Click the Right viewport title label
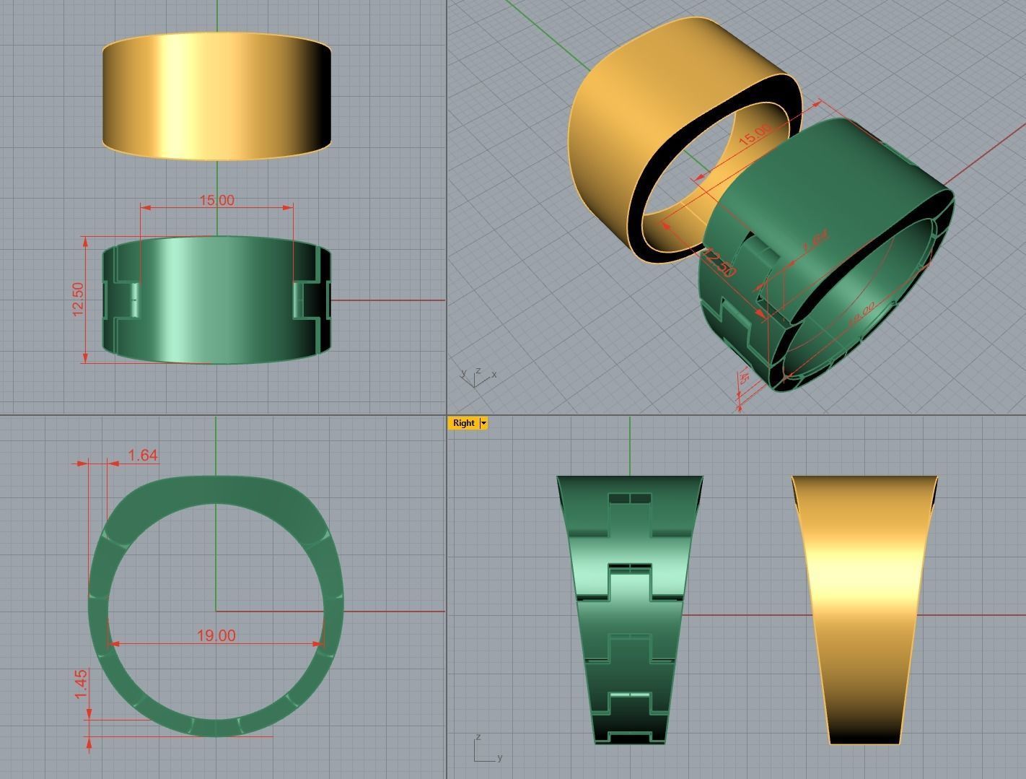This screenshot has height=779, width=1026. coord(463,423)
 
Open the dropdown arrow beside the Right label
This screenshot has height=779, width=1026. coord(483,423)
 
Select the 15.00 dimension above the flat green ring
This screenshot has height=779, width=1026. coord(216,200)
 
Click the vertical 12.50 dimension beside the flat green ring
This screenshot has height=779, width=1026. coord(79,298)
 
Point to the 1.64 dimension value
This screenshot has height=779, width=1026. coord(142,455)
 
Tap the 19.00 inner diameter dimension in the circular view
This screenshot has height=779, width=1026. coord(216,635)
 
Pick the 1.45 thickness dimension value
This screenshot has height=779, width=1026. coord(81,684)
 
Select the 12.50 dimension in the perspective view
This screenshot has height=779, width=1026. coord(719,263)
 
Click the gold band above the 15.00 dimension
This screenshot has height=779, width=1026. coord(216,95)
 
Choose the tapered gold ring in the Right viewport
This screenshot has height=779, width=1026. coord(864,606)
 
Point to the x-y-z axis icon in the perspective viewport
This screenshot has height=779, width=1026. coord(476,376)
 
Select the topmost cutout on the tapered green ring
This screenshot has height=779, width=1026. coord(630,498)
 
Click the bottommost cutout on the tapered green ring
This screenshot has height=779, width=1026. coord(630,736)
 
